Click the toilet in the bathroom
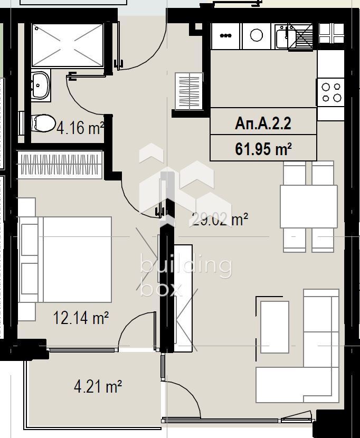(44, 123)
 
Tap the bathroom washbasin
(41, 85)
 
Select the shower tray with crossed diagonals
(68, 45)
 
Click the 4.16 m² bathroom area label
(80, 128)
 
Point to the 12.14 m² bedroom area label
(80, 318)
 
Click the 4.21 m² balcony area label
(98, 386)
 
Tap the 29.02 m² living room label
(219, 220)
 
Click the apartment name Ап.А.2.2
(263, 123)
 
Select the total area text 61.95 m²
(263, 148)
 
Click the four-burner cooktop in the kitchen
(331, 92)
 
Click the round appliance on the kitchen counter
(256, 35)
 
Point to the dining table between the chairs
(309, 206)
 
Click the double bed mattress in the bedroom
(78, 259)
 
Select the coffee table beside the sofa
(274, 327)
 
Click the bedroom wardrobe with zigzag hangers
(60, 165)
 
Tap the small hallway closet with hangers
(189, 91)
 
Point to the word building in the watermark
(186, 265)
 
